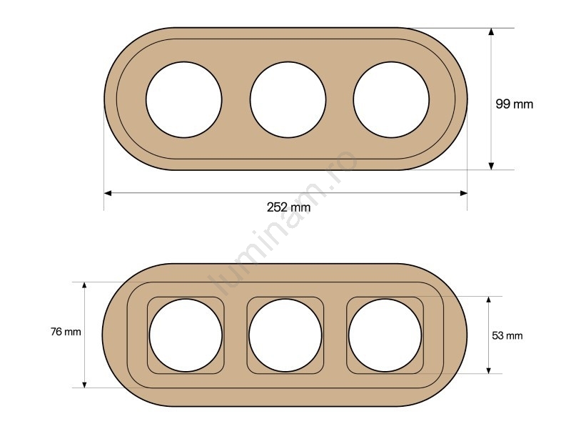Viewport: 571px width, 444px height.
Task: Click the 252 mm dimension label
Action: point(288,207)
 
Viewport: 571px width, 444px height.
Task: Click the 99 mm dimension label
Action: point(514,104)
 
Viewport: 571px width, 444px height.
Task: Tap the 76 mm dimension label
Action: point(66,332)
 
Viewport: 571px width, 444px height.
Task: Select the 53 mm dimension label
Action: point(507,335)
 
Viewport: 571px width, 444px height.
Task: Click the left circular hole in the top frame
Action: point(184,100)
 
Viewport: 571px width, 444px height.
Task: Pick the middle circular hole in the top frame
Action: point(288,100)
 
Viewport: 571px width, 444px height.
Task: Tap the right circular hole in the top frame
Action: point(391,100)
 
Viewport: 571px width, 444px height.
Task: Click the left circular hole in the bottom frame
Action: point(186,335)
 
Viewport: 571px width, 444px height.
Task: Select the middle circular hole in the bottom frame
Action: point(285,335)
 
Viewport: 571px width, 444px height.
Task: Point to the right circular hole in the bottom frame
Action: point(385,335)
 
